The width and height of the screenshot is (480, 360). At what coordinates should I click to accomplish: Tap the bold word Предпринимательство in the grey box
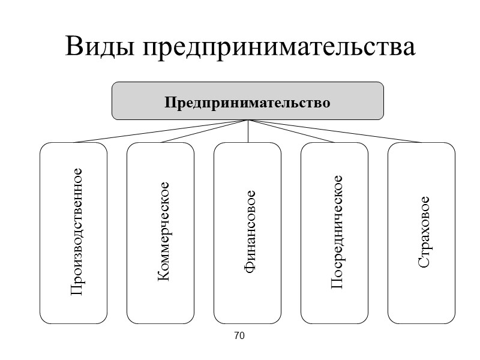click(x=248, y=103)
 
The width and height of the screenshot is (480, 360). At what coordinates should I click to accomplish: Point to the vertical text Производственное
click(x=75, y=232)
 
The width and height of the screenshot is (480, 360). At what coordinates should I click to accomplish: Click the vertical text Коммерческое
click(x=162, y=232)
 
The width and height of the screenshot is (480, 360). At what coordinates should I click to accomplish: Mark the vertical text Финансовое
click(x=249, y=233)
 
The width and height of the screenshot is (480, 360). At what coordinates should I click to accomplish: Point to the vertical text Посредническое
click(x=336, y=232)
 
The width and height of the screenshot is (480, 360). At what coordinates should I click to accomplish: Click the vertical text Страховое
click(x=423, y=232)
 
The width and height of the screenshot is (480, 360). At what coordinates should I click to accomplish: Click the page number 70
click(x=239, y=336)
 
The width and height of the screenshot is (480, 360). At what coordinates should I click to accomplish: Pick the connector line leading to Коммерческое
click(x=204, y=131)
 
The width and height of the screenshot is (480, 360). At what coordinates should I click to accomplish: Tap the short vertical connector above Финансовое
click(x=248, y=131)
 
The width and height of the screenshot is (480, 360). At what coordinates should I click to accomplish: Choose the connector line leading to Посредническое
click(x=291, y=131)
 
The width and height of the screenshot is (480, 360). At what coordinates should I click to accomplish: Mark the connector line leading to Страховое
click(x=335, y=131)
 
